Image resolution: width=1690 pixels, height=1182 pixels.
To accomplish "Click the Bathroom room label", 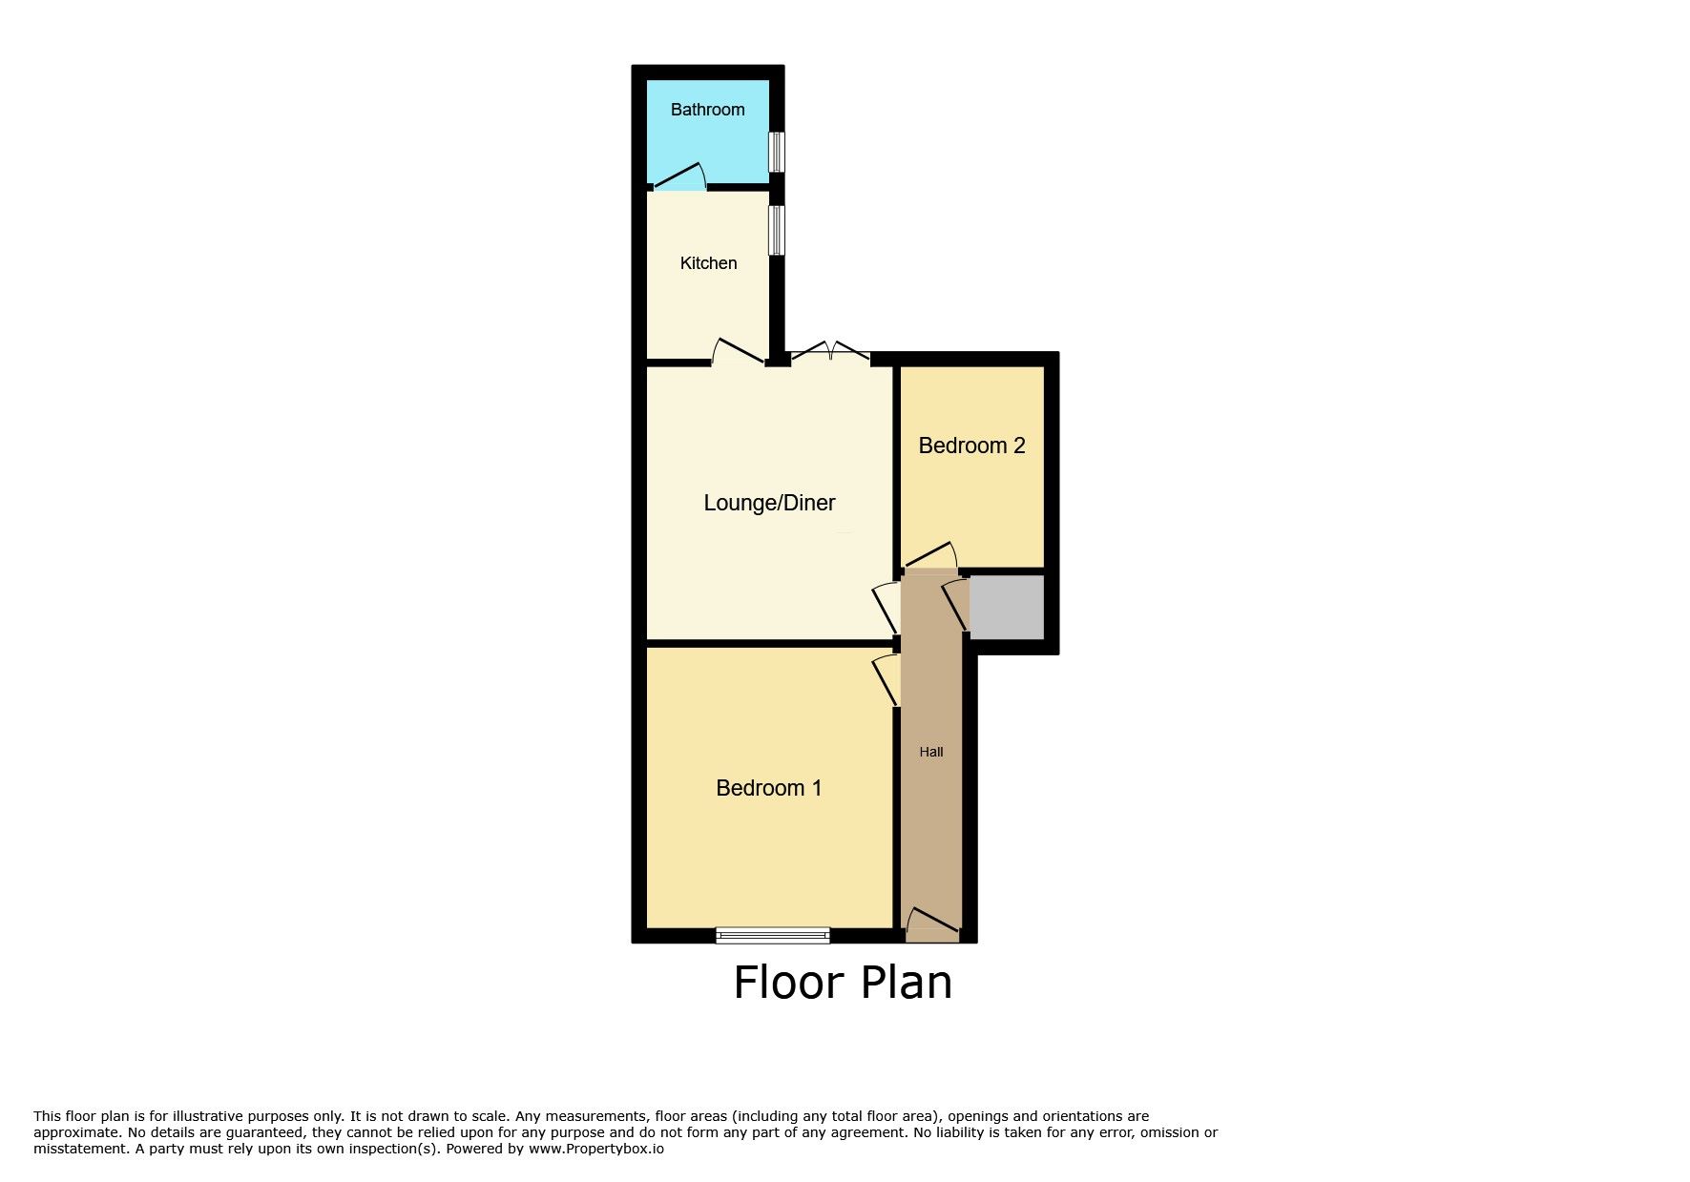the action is click(707, 110).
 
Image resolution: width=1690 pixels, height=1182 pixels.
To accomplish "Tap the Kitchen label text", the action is click(708, 263).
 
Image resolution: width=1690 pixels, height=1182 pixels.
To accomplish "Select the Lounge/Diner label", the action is click(769, 503).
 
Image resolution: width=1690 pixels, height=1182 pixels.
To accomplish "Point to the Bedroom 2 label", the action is click(971, 446).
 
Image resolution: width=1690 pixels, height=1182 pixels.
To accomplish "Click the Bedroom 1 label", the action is click(768, 788).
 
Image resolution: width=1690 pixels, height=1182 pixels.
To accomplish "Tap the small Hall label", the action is click(931, 752).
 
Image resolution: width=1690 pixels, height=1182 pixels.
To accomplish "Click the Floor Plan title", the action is click(843, 983).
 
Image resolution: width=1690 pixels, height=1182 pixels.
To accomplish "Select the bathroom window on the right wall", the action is click(777, 152).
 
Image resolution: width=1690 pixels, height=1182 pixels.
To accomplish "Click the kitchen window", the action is click(777, 230).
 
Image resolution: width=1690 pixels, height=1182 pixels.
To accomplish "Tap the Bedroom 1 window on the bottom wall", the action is click(773, 935).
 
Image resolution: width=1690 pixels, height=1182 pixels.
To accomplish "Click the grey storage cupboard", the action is click(1006, 607).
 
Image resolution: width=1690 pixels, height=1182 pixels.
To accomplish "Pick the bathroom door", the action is click(678, 176).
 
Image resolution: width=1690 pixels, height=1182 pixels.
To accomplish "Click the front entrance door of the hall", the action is click(932, 921).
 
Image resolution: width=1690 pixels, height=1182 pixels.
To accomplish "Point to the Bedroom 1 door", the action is click(887, 679).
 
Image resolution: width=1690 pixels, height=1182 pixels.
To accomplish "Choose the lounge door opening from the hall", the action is click(887, 608).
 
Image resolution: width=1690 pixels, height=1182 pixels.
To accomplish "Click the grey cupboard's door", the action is click(955, 604).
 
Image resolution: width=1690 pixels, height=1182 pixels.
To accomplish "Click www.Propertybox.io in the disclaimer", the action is click(596, 1150).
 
